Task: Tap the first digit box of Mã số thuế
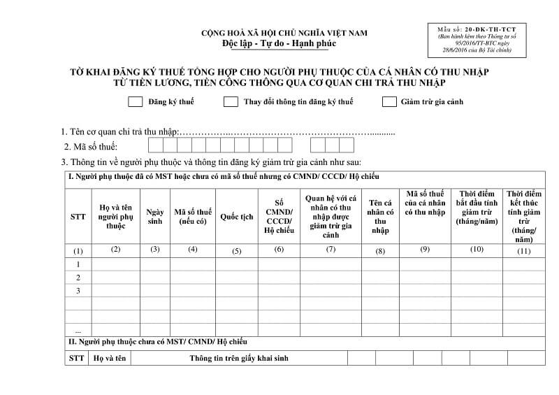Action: pos(155,145)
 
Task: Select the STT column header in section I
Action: pos(78,217)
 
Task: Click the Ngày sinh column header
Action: pos(155,217)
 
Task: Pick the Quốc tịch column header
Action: pos(237,217)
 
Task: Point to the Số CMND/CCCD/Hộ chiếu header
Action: pos(279,217)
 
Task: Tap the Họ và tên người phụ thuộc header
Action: pos(116,217)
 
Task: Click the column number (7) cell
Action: pos(331,250)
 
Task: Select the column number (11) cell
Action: pos(523,250)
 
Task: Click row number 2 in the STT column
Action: pos(78,278)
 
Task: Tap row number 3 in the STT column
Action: pos(78,291)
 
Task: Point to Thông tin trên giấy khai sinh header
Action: pos(238,359)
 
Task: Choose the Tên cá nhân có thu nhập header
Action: pos(380,217)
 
